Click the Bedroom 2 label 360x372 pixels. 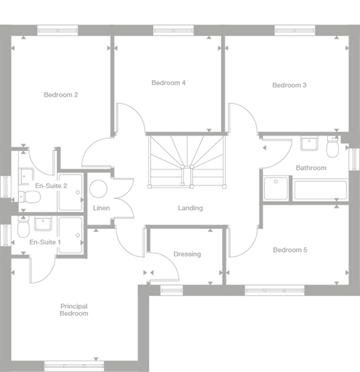coord(61,95)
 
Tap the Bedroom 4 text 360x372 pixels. coord(168,83)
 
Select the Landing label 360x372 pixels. coord(190,208)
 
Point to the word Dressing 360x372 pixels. coord(187,254)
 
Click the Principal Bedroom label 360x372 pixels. coord(74,310)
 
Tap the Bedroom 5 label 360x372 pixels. coord(290,250)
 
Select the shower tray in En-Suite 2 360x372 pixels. coord(70,188)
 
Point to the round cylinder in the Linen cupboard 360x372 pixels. coord(100,189)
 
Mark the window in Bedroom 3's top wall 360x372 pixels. coord(295,30)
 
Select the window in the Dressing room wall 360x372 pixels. coord(171,290)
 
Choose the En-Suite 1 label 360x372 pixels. coord(46,242)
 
